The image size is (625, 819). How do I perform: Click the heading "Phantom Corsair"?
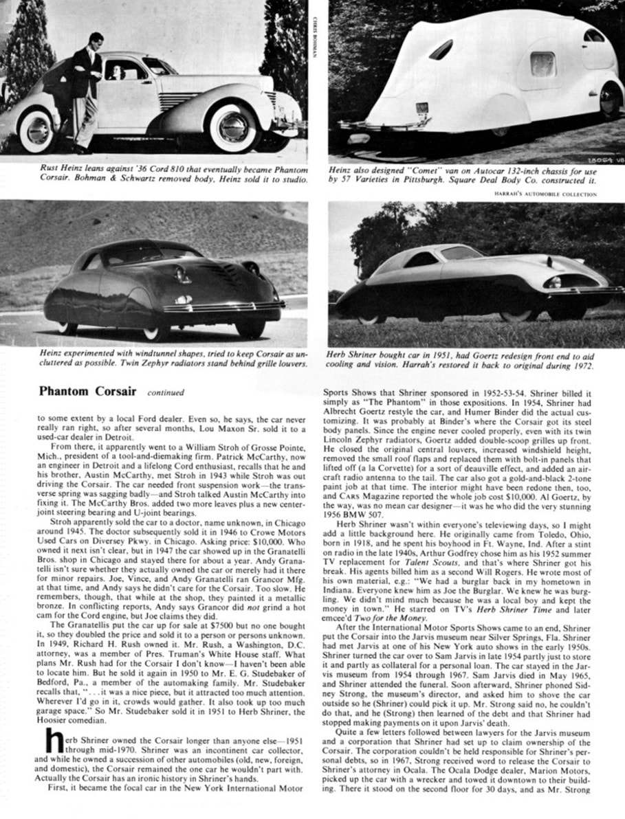point(88,392)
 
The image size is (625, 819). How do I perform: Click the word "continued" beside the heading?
point(166,393)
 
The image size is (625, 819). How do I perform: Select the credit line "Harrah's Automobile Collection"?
point(545,194)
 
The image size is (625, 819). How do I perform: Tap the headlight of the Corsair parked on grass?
point(554,282)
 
